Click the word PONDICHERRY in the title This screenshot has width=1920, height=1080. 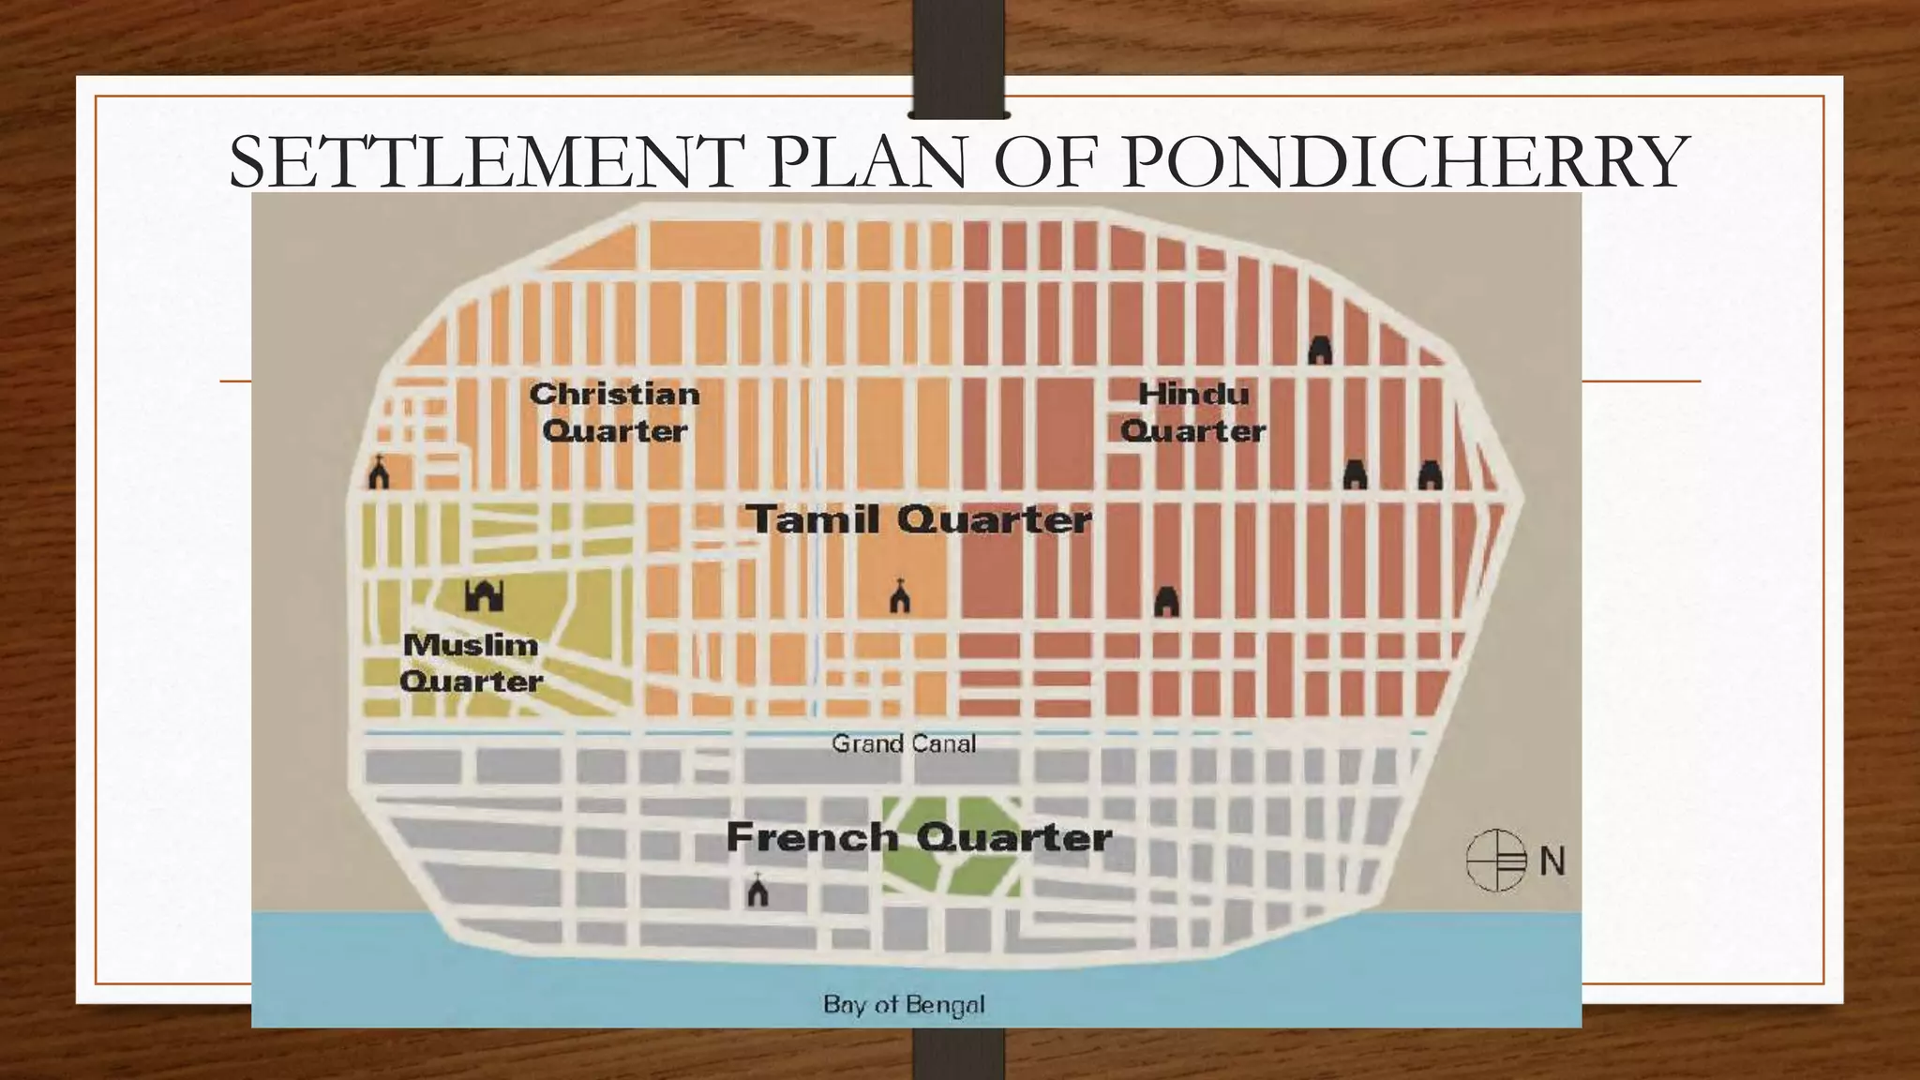pos(1404,162)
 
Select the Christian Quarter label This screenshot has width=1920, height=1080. pos(615,412)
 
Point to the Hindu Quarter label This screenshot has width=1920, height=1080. pos(1192,412)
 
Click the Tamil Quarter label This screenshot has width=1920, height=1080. pos(920,519)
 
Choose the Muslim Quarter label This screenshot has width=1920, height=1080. pos(471,663)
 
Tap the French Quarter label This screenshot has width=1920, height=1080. pos(920,837)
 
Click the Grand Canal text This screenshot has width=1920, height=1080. pos(904,743)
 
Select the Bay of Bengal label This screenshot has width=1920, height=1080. pos(904,1005)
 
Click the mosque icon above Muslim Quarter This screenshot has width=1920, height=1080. pos(485,595)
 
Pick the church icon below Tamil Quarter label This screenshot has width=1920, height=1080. pos(900,596)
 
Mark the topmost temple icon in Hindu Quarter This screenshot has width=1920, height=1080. pos(1320,350)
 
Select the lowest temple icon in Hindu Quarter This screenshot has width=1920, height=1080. pos(1166,601)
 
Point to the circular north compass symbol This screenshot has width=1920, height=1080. pos(1497,860)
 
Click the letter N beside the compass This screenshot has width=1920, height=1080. pos(1552,861)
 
